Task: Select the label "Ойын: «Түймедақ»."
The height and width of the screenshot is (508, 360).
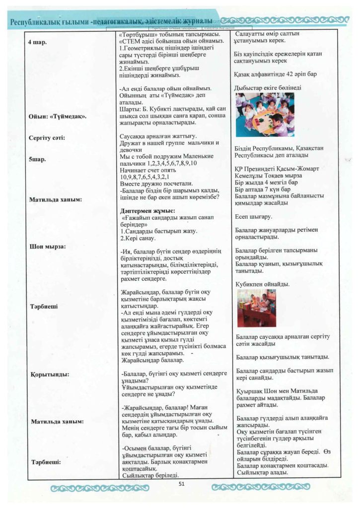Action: coord(59,116)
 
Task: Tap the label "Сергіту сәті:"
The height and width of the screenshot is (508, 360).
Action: coord(48,137)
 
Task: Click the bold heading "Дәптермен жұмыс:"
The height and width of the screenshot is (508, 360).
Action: coord(148,210)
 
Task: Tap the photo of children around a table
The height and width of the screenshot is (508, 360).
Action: coord(264,114)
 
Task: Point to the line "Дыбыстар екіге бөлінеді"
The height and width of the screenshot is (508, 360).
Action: coord(267,88)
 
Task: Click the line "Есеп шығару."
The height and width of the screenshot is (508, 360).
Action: coord(253,216)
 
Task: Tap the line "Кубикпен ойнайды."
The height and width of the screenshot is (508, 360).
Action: coord(263,284)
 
